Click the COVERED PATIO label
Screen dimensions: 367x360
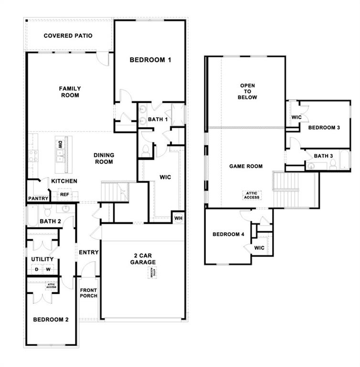coord(68,36)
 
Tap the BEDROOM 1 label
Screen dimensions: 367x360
coord(150,60)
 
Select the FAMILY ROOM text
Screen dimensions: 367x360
coord(70,92)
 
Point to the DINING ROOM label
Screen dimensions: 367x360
coord(103,159)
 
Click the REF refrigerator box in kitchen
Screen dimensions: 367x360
coord(64,194)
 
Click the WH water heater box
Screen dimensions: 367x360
coord(179,217)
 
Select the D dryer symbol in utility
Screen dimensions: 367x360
coord(36,270)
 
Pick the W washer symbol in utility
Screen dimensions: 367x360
coord(48,270)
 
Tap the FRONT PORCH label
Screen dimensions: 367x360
coord(88,293)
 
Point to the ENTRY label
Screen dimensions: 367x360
coord(89,252)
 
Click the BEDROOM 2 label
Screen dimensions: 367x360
coord(50,320)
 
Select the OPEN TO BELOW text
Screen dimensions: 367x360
coord(248,91)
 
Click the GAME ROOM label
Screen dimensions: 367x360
coord(246,166)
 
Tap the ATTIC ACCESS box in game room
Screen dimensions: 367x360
coord(252,195)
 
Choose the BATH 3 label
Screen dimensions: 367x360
coord(323,156)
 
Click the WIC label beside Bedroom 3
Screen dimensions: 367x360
coord(296,117)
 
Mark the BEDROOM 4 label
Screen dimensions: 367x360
coord(228,234)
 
